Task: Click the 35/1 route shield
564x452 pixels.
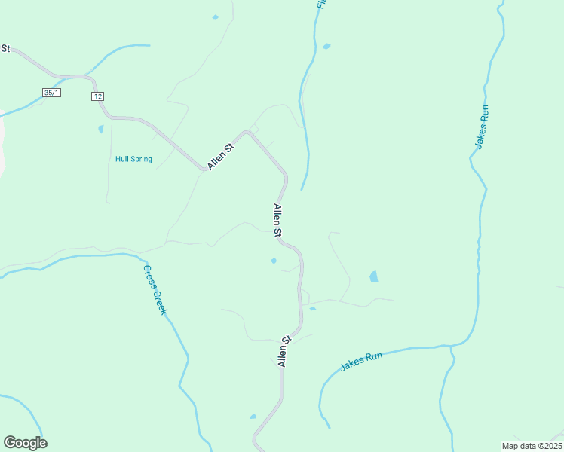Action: tap(51, 92)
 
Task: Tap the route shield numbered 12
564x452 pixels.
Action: tap(98, 96)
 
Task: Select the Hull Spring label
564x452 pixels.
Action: tap(133, 159)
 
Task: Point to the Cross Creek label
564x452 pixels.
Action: tap(155, 290)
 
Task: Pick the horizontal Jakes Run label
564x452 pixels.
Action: tap(361, 361)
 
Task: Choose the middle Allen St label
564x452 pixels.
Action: tap(277, 220)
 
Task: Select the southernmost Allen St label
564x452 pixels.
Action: tap(284, 351)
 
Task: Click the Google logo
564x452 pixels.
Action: tap(26, 443)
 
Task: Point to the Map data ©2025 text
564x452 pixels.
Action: tap(531, 445)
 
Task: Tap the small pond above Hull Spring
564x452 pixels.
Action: tap(100, 129)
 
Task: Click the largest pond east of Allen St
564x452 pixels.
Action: tap(373, 277)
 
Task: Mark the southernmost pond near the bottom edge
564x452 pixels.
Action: tap(253, 417)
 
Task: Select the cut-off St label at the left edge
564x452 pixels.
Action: tap(5, 48)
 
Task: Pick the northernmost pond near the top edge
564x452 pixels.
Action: tap(216, 17)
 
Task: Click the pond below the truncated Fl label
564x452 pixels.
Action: tap(326, 46)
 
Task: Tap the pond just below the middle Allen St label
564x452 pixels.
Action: tap(274, 261)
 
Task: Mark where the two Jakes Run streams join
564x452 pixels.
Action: tap(449, 347)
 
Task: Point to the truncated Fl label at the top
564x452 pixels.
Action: tap(321, 4)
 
